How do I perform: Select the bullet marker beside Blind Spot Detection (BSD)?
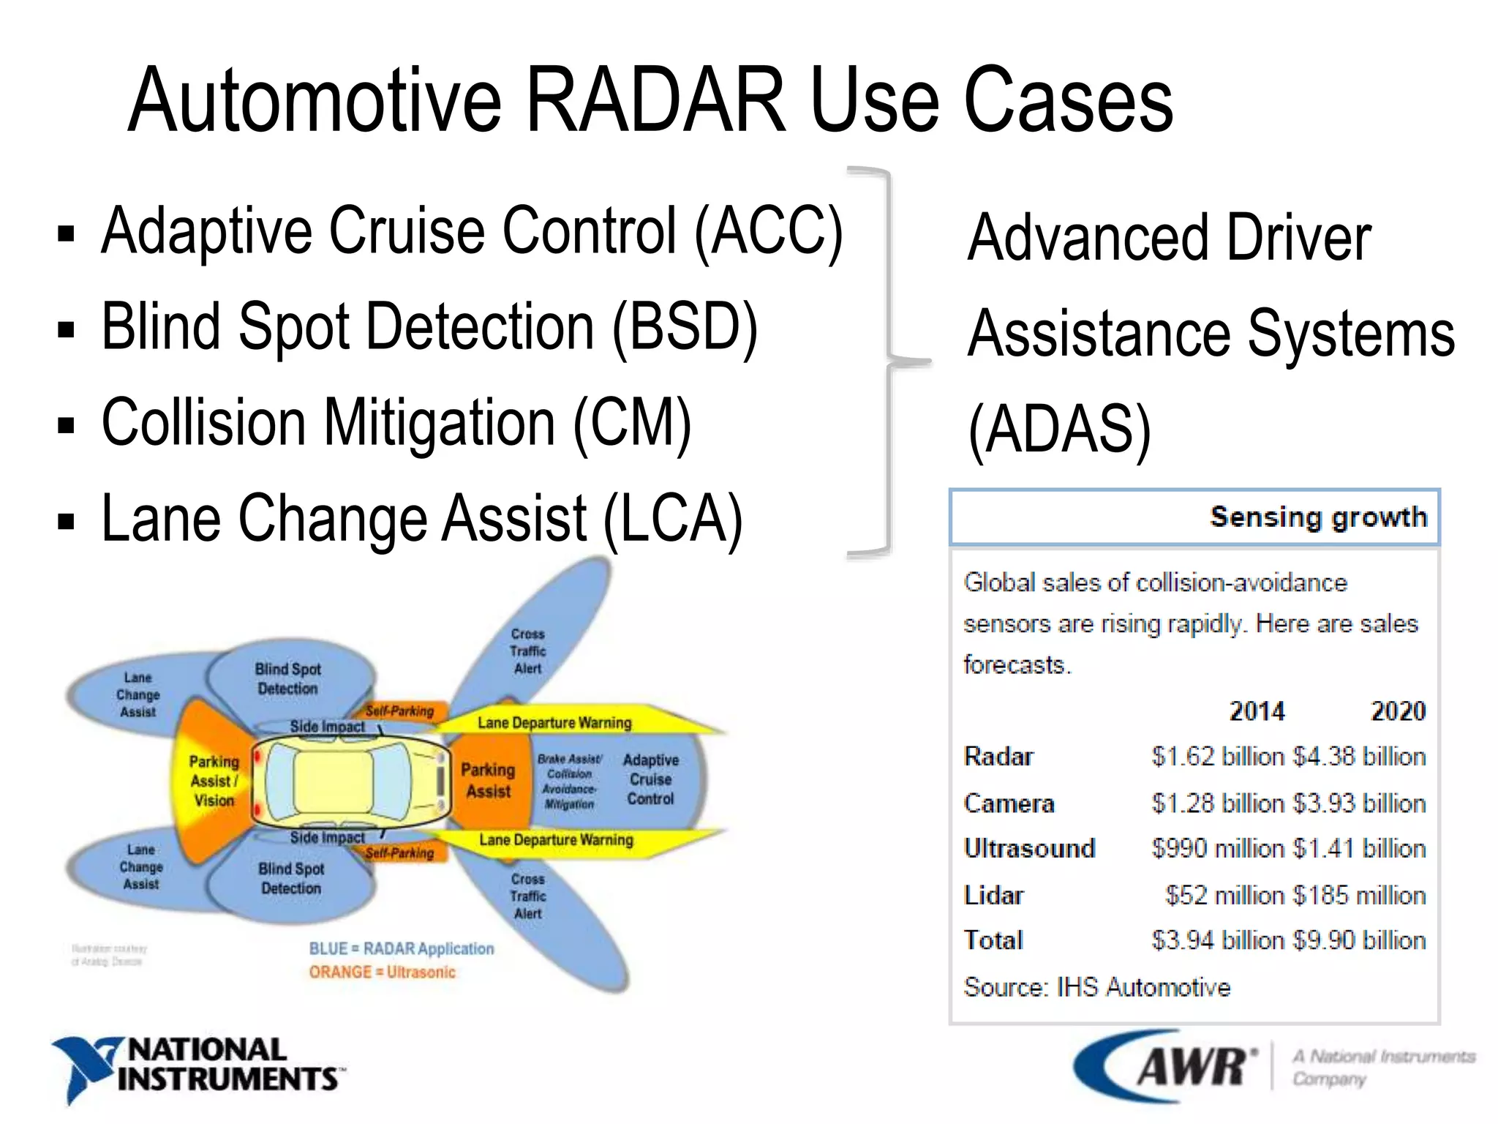[x=66, y=329]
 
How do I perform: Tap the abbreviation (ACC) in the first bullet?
[x=769, y=231]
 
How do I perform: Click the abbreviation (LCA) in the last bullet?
[x=673, y=519]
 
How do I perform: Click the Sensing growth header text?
[x=1318, y=517]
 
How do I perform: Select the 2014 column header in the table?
[x=1256, y=711]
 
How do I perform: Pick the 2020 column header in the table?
[x=1397, y=711]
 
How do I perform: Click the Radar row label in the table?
[x=998, y=756]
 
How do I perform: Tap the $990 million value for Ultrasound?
[x=1216, y=848]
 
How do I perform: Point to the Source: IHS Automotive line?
[x=1096, y=987]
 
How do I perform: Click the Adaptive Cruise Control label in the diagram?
[x=650, y=779]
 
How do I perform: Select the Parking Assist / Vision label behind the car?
[x=214, y=781]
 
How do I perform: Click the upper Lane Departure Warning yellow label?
[x=554, y=723]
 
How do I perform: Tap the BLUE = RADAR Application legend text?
[x=401, y=948]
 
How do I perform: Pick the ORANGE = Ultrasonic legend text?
[x=382, y=973]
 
